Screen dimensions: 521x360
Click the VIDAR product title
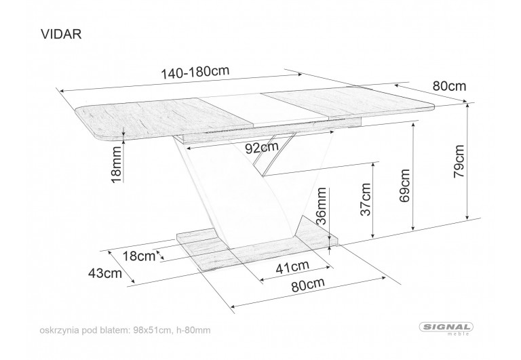point(61,34)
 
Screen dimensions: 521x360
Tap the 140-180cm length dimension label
point(195,72)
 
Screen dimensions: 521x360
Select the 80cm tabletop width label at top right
point(449,86)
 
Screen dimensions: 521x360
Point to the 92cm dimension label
point(261,147)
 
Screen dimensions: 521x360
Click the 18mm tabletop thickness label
point(116,165)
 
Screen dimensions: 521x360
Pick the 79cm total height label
point(459,161)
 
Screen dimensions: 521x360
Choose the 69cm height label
point(405,186)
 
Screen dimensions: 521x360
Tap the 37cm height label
point(366,199)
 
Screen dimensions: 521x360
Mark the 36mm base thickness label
point(322,206)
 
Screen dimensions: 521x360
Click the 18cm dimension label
point(139,256)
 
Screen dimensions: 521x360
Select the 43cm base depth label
point(104,273)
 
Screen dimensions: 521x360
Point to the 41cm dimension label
point(292,266)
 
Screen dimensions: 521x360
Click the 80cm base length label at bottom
point(308,285)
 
